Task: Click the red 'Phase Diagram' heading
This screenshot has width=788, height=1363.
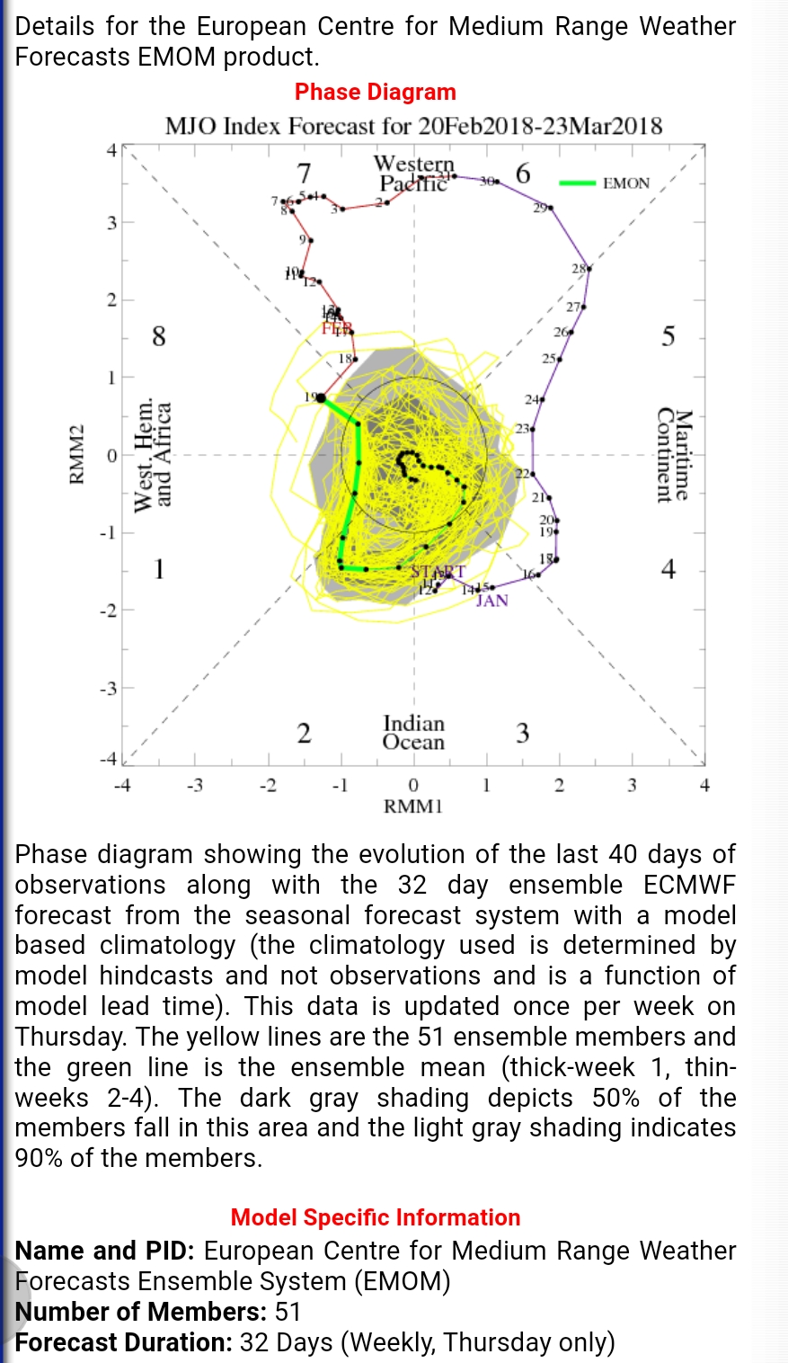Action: (376, 92)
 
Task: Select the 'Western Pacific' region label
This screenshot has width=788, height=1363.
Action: (413, 174)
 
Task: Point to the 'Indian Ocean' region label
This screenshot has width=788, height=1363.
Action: (413, 732)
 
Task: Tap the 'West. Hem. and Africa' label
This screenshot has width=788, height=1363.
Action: (153, 455)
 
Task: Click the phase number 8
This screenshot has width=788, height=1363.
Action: (158, 337)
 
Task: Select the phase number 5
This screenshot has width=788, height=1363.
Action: (668, 337)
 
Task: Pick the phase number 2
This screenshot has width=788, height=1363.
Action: (305, 734)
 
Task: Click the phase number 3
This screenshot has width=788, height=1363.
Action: (522, 734)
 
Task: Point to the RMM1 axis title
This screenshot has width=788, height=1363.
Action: (413, 806)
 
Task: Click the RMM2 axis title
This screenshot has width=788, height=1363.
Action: (77, 455)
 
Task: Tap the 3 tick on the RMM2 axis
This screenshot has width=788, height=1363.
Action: (112, 222)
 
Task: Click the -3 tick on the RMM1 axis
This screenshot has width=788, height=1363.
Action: (195, 786)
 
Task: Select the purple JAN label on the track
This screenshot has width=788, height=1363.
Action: (492, 601)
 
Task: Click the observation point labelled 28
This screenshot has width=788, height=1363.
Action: (589, 268)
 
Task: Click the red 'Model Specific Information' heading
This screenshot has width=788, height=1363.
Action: (376, 1217)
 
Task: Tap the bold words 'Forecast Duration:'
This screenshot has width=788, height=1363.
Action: (124, 1342)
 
